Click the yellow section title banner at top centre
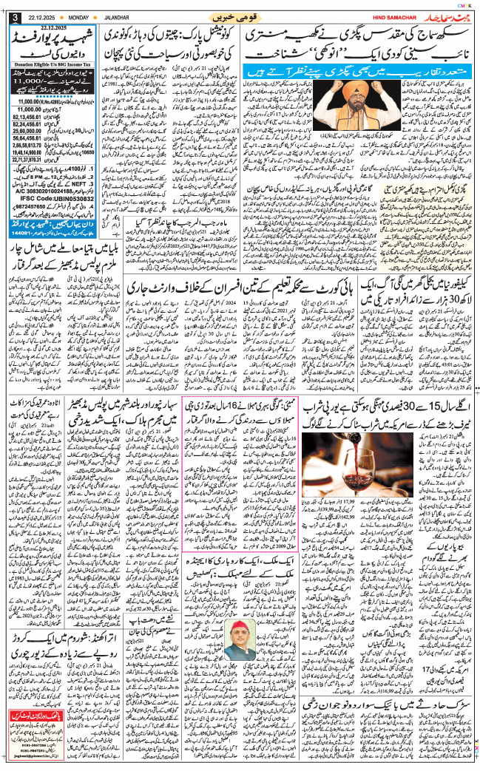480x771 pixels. coord(240,16)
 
